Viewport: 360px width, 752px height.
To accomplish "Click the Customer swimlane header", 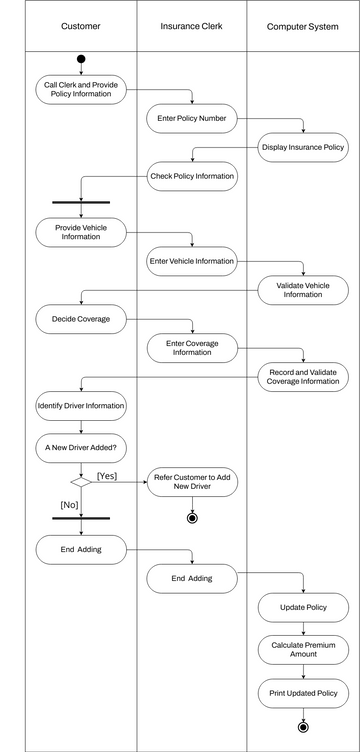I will [80, 26].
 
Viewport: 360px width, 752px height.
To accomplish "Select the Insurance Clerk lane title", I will [192, 26].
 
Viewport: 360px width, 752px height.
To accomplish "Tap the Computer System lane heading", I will [302, 26].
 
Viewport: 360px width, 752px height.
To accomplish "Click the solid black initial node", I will [81, 59].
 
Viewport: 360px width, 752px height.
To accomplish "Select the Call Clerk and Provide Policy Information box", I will [81, 90].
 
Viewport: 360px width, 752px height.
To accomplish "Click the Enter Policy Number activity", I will [192, 119].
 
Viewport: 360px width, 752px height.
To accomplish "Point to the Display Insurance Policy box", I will [303, 148].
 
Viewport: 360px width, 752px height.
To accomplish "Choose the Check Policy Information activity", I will [192, 177].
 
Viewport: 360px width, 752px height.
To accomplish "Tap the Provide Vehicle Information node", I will [81, 233].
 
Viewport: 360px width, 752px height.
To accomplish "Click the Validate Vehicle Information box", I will [303, 290].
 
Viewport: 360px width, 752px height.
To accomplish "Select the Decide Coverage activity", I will [81, 320].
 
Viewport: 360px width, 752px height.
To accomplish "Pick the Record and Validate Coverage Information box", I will [303, 376].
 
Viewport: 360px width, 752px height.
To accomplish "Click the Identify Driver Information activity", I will [81, 406].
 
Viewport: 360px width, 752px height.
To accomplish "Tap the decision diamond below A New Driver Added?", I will [81, 481].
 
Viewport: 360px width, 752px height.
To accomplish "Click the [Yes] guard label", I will [107, 476].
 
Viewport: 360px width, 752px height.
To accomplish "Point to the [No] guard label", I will [69, 505].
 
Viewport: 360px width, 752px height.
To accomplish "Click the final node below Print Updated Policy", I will [303, 727].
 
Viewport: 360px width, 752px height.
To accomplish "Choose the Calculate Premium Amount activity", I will [303, 650].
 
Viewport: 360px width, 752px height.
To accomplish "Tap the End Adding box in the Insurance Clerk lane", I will [192, 578].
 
